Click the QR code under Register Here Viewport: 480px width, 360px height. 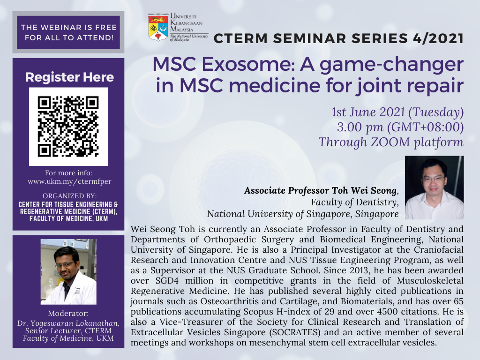pyautogui.click(x=68, y=127)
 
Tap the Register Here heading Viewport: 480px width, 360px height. pyautogui.click(x=69, y=77)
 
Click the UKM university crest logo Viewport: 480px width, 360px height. pyautogui.click(x=158, y=27)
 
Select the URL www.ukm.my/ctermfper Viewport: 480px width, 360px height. pyautogui.click(x=69, y=181)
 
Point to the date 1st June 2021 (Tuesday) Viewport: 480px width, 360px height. pyautogui.click(x=397, y=112)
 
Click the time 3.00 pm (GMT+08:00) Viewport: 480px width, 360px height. pyautogui.click(x=400, y=127)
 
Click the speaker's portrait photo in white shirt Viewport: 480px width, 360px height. pyautogui.click(x=434, y=187)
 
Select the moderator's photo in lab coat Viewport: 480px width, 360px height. pyautogui.click(x=68, y=272)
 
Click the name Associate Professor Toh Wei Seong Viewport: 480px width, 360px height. pyautogui.click(x=321, y=190)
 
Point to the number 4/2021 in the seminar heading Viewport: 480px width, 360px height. pyautogui.click(x=438, y=38)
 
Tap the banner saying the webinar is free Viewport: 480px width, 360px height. pyautogui.click(x=68, y=32)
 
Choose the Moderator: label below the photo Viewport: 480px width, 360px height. pyautogui.click(x=68, y=314)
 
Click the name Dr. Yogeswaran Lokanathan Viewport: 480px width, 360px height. pyautogui.click(x=68, y=323)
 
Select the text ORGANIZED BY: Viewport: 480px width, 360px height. pyautogui.click(x=69, y=196)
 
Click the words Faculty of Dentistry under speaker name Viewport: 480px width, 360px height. pyautogui.click(x=354, y=202)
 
